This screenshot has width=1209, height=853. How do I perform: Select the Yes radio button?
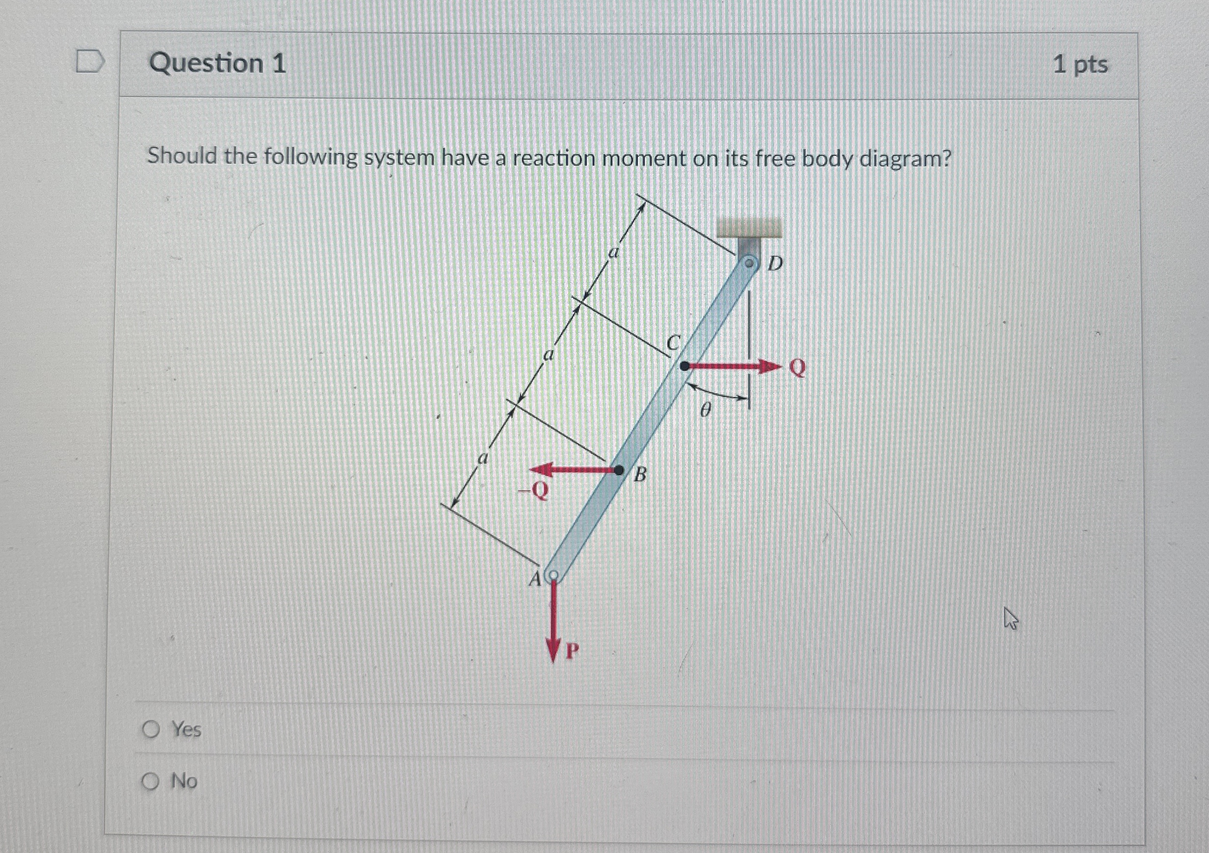pos(151,730)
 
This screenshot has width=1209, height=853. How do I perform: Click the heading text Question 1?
pos(217,64)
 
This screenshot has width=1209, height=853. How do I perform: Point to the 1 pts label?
pos(1080,65)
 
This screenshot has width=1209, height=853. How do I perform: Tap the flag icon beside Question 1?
pos(91,62)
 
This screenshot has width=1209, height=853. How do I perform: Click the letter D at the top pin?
pos(775,263)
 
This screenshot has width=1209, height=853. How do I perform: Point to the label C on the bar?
pos(674,342)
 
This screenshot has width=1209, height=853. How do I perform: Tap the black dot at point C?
pos(684,365)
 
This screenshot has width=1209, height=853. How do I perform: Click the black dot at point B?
pos(619,470)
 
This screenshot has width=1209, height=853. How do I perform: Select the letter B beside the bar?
pos(640,475)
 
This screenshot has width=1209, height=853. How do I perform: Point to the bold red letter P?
pos(573,652)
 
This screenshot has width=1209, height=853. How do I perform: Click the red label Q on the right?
pos(798,367)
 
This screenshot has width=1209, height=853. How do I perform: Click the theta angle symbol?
pos(706,409)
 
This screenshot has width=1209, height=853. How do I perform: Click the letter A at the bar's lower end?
pos(534,579)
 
